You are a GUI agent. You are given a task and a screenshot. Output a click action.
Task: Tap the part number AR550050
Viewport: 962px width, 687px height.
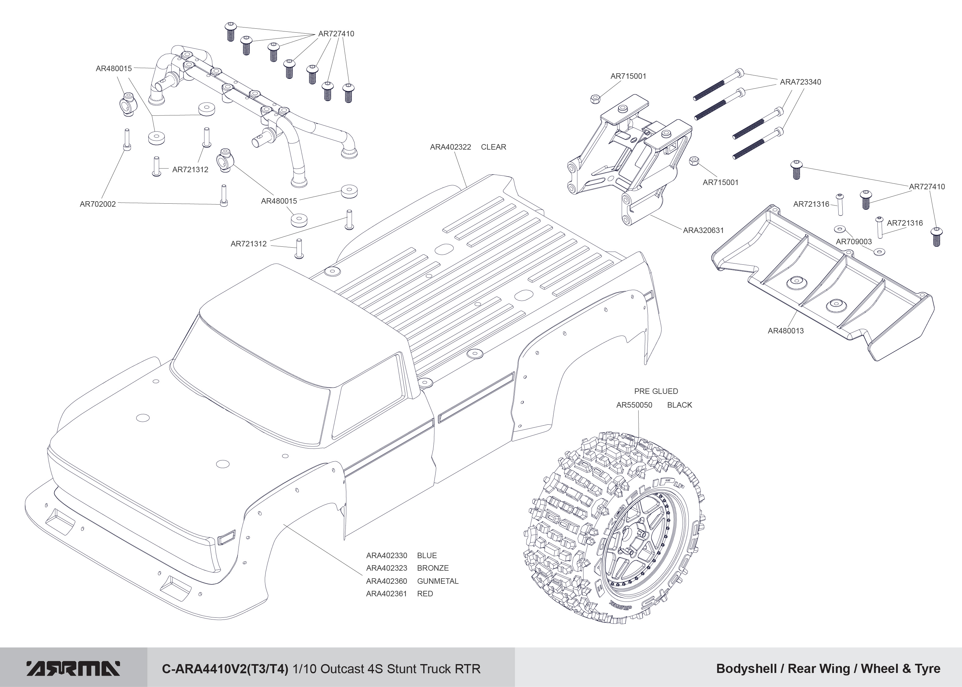click(x=634, y=405)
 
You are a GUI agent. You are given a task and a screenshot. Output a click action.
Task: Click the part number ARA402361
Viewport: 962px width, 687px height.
click(x=386, y=594)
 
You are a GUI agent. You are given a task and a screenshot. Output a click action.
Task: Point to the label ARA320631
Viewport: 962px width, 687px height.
click(x=703, y=230)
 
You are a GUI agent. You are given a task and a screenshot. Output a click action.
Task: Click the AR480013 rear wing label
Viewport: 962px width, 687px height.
click(x=785, y=331)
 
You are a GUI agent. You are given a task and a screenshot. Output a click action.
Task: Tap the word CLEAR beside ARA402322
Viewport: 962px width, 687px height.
click(x=493, y=147)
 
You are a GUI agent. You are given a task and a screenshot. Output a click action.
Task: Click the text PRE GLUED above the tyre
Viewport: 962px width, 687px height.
click(x=656, y=391)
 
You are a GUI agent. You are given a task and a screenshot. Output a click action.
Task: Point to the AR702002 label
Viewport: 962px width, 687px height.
click(x=98, y=204)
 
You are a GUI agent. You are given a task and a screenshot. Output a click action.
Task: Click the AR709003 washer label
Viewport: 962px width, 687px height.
click(x=854, y=242)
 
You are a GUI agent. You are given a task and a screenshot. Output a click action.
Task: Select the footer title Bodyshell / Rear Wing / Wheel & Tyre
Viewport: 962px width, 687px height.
click(x=828, y=669)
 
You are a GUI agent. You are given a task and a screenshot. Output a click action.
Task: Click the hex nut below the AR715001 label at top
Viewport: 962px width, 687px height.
click(x=595, y=99)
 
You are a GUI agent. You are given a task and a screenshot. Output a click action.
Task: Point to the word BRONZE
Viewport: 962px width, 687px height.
click(x=432, y=568)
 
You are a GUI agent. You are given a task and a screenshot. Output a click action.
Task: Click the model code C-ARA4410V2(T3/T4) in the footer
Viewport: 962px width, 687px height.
click(x=225, y=669)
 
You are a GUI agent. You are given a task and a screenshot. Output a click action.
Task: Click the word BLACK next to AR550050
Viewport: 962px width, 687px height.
click(x=680, y=405)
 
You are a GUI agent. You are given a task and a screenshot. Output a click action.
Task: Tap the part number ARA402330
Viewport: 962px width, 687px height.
click(x=386, y=555)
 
